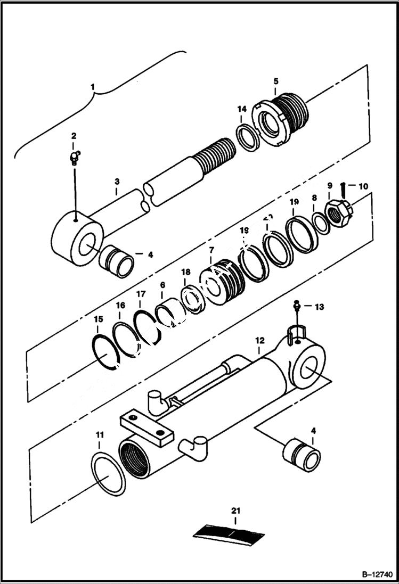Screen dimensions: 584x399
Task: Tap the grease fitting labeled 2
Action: [75, 157]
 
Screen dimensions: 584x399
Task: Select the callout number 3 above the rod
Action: [116, 182]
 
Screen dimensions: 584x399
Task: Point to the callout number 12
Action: [259, 339]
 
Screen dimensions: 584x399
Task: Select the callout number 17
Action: [141, 293]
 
